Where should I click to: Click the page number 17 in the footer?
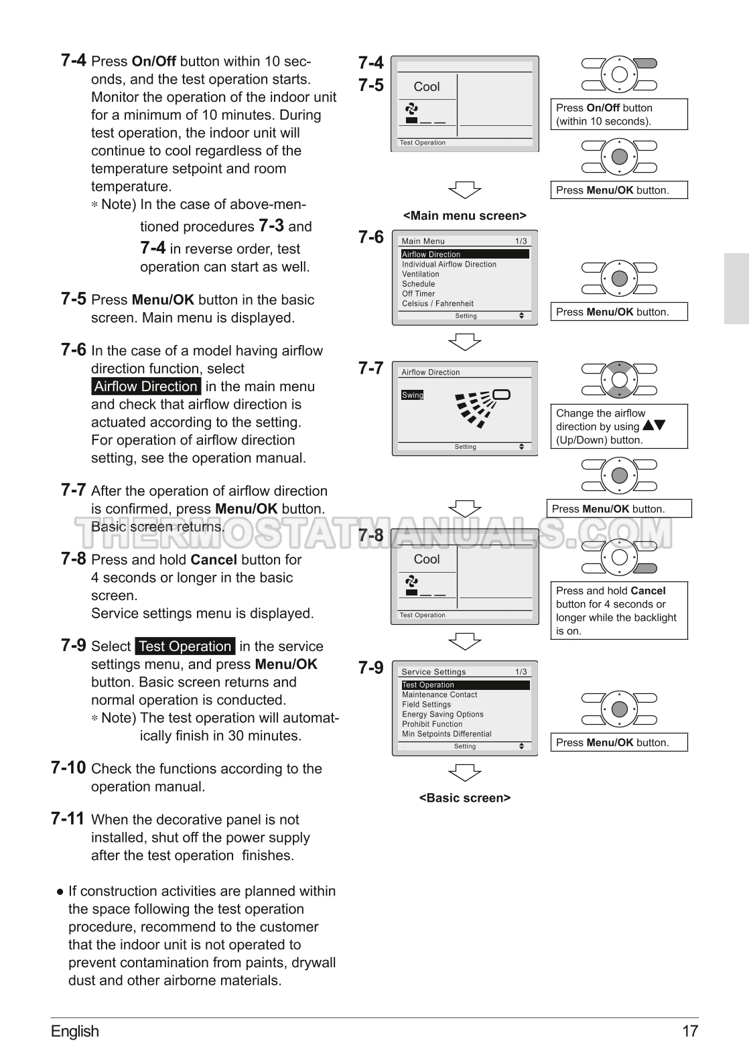click(690, 1032)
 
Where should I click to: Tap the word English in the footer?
click(75, 1032)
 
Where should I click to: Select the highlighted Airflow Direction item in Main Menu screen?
click(465, 255)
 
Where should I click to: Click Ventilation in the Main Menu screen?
click(421, 275)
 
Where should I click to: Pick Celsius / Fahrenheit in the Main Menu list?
click(437, 303)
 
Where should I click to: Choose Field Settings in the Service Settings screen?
click(426, 705)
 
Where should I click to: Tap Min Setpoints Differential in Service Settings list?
click(447, 734)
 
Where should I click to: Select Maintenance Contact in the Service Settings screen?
click(439, 695)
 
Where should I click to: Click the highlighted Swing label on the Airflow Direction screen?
click(413, 395)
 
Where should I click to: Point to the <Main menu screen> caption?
click(465, 216)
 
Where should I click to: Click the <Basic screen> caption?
click(465, 798)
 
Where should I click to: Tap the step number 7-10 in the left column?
click(68, 768)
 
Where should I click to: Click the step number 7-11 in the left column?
click(68, 819)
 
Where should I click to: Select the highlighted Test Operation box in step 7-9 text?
click(185, 646)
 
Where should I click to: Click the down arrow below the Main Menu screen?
click(465, 342)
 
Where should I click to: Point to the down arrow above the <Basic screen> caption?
click(465, 772)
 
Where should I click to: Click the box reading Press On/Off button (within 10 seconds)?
click(619, 115)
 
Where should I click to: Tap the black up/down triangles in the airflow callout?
click(654, 425)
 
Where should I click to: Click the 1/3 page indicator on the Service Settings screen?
click(521, 672)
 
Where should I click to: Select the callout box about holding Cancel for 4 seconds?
click(619, 611)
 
